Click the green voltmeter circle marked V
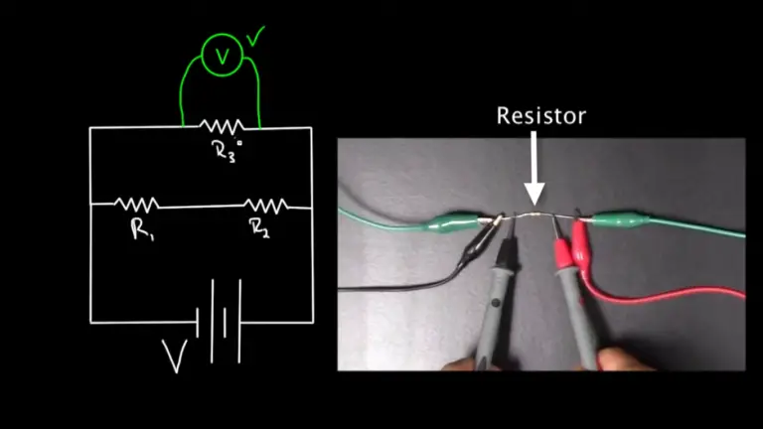click(x=222, y=58)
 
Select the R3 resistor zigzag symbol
click(x=221, y=126)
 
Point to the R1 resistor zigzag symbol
click(x=137, y=204)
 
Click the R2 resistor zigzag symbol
click(x=266, y=204)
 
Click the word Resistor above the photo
click(x=541, y=116)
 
